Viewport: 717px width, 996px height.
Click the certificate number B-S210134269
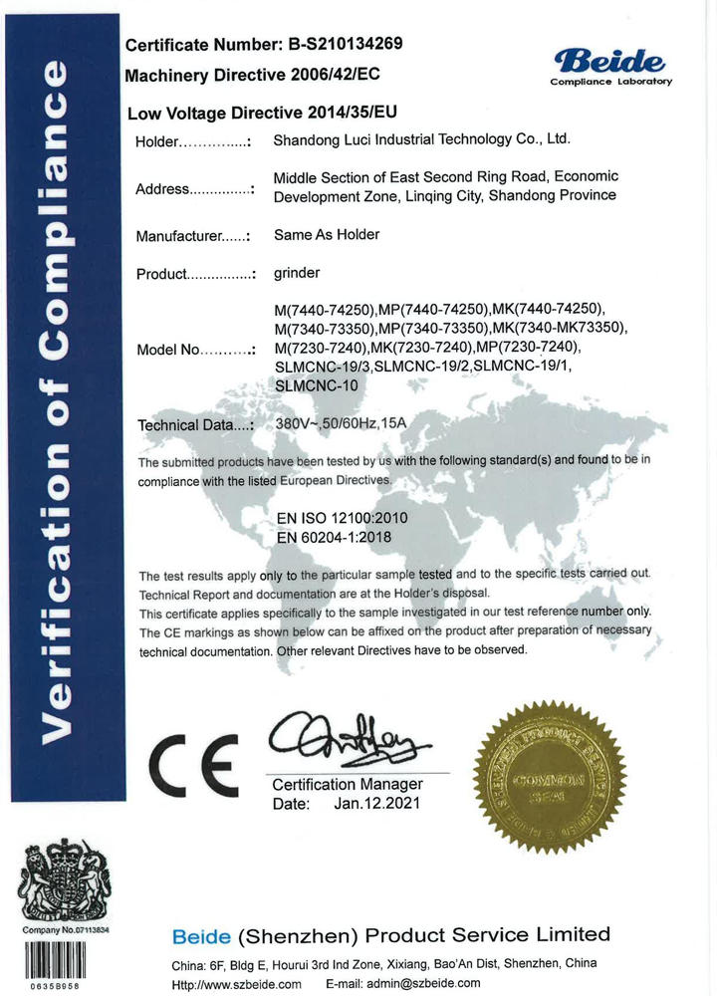pyautogui.click(x=346, y=44)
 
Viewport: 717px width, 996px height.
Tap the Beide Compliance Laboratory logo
pyautogui.click(x=611, y=65)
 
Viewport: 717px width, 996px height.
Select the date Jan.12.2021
pyautogui.click(x=377, y=803)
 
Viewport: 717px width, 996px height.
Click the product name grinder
pyautogui.click(x=297, y=272)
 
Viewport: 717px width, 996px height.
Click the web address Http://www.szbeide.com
pyautogui.click(x=236, y=983)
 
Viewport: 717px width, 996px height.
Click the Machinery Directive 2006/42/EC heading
pyautogui.click(x=252, y=75)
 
